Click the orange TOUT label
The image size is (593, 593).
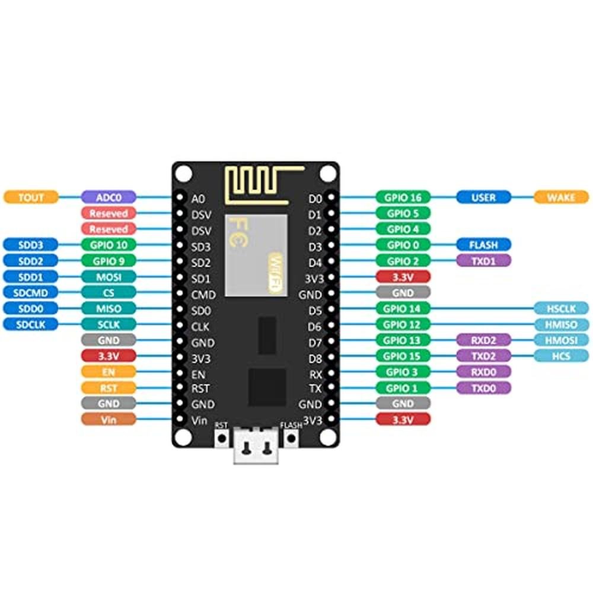click(31, 197)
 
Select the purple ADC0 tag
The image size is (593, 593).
click(109, 197)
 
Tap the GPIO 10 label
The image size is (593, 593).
click(109, 244)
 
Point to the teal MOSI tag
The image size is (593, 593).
click(109, 276)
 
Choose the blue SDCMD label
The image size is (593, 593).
click(31, 292)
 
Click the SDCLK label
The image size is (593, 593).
click(31, 324)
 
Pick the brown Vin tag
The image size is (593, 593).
click(109, 419)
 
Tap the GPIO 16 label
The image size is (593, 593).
click(403, 197)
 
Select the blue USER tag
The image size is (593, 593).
click(483, 197)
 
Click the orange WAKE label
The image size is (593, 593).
click(561, 197)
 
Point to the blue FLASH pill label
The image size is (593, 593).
click(483, 244)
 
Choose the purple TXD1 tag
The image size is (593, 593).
click(483, 260)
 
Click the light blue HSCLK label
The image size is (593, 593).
click(561, 308)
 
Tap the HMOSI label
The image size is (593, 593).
click(561, 340)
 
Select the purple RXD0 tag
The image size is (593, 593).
click(483, 372)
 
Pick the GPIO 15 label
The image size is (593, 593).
click(403, 356)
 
